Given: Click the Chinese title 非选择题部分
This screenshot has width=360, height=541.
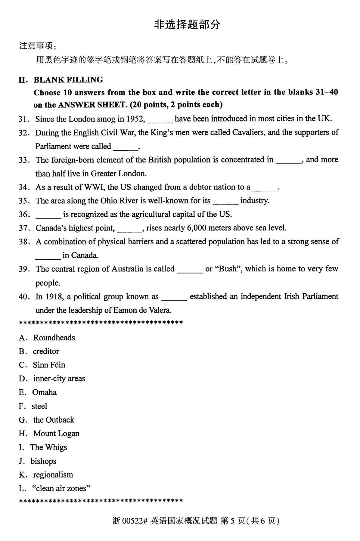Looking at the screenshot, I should click(187, 25).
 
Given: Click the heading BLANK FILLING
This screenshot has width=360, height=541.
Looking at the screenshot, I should click(68, 80).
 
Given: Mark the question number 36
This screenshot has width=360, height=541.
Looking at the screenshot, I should click(24, 215).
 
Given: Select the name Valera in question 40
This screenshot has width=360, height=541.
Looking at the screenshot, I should click(160, 310).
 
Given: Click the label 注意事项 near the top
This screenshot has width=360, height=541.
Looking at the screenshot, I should click(36, 46).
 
